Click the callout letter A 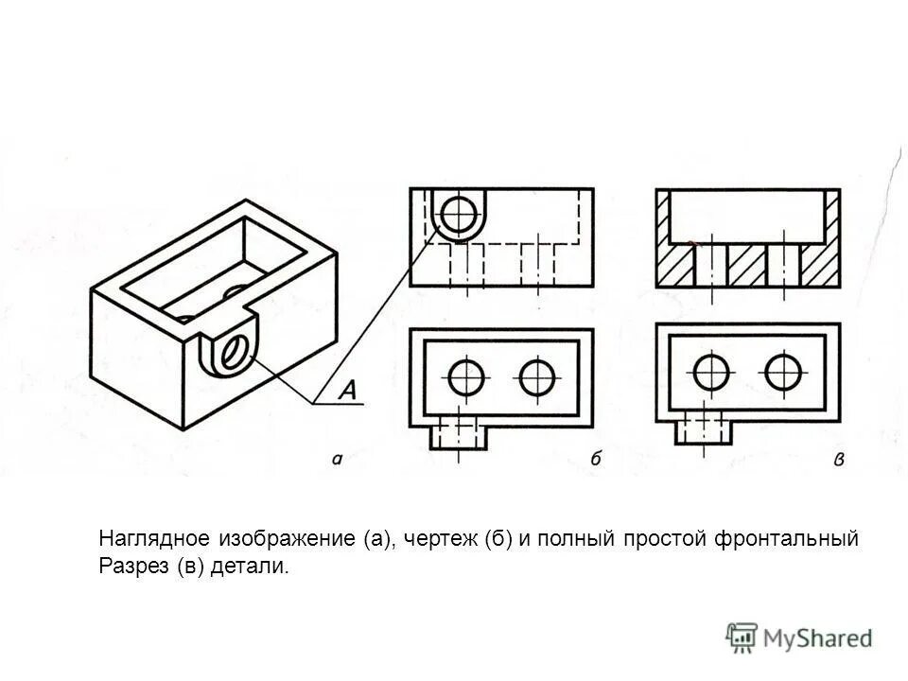[x=347, y=391]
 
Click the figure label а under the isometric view [x=338, y=461]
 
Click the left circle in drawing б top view [x=466, y=377]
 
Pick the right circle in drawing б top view [x=536, y=377]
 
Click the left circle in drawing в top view [x=710, y=373]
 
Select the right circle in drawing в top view [x=783, y=373]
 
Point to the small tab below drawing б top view [x=457, y=435]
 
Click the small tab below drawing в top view [x=704, y=431]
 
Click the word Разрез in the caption [x=129, y=567]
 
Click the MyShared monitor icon [x=742, y=637]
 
